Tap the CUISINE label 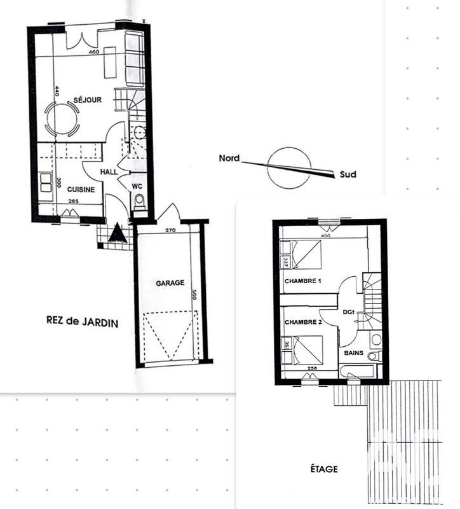point(81,190)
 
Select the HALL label point(110,172)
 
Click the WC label point(137,186)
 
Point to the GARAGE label point(170,283)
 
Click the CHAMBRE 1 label point(303,281)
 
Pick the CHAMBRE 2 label point(303,322)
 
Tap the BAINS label point(354,352)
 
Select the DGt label point(348,311)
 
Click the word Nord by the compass point(229,158)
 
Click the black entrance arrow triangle point(117,234)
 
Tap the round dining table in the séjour point(62,119)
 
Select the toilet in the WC point(140,202)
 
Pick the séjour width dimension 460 point(95,52)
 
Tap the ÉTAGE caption point(324,470)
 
